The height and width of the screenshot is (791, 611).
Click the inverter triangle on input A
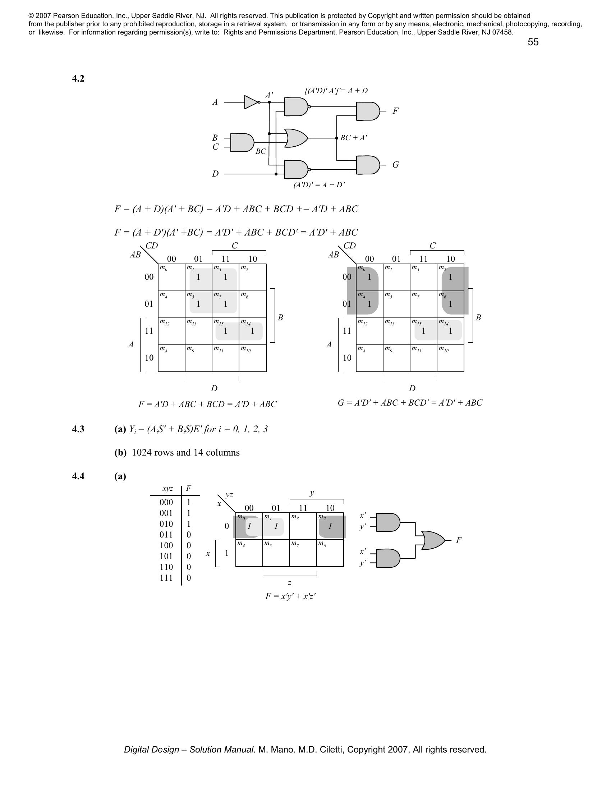click(251, 102)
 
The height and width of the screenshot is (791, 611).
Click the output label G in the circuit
click(395, 165)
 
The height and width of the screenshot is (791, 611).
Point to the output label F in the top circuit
click(395, 111)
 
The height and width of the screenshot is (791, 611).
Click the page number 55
click(533, 42)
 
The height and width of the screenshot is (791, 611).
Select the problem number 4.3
click(78, 429)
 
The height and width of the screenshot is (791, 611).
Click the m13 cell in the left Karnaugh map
click(198, 331)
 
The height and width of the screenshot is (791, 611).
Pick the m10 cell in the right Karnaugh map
click(450, 358)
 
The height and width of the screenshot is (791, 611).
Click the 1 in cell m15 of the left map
click(225, 331)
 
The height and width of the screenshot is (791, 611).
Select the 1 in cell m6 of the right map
click(450, 304)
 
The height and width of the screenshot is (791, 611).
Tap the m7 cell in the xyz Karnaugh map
click(303, 553)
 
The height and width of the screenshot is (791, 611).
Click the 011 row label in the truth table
click(166, 535)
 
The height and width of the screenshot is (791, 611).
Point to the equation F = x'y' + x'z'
click(291, 596)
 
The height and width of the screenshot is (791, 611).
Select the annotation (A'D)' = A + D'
click(319, 185)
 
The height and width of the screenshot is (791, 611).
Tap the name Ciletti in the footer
click(332, 750)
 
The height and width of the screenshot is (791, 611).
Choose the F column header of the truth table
click(189, 488)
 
